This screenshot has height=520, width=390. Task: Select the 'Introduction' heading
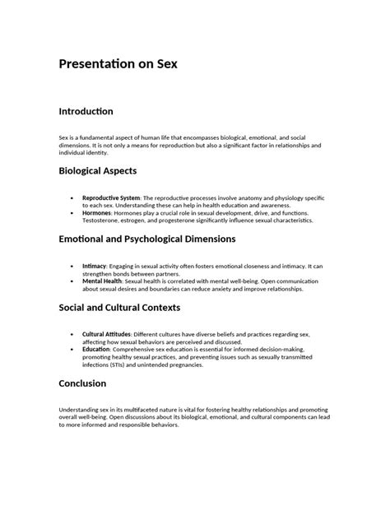point(86,111)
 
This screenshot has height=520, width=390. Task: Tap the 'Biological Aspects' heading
point(97,171)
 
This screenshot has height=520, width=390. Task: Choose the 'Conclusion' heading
point(82,383)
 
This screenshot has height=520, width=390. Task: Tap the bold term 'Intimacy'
point(95,267)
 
